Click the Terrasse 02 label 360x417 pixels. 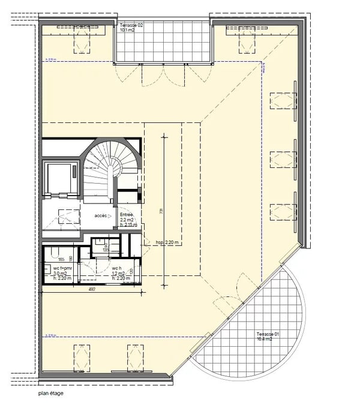tap(131, 26)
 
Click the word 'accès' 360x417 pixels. tap(101, 215)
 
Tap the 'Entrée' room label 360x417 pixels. tap(127, 214)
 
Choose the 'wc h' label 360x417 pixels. tap(117, 268)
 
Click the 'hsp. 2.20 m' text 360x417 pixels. tap(167, 242)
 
